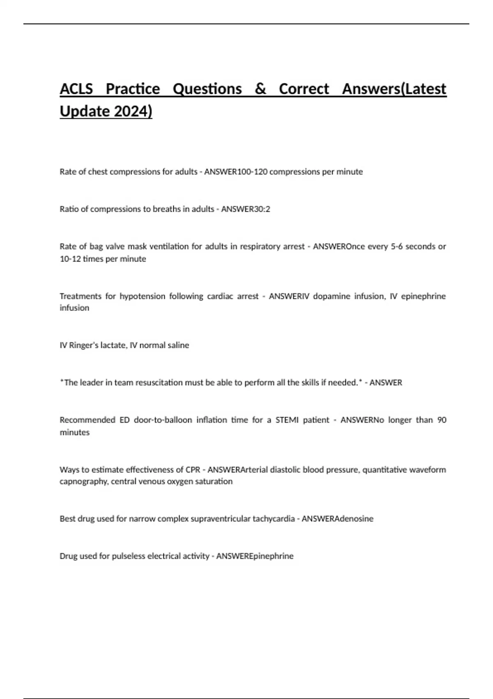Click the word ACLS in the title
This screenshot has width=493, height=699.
click(76, 89)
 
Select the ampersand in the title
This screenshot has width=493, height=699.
click(260, 89)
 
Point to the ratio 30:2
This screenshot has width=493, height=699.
click(262, 209)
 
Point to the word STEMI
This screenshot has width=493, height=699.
click(287, 420)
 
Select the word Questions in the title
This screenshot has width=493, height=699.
click(207, 89)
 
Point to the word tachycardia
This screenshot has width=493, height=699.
click(273, 519)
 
